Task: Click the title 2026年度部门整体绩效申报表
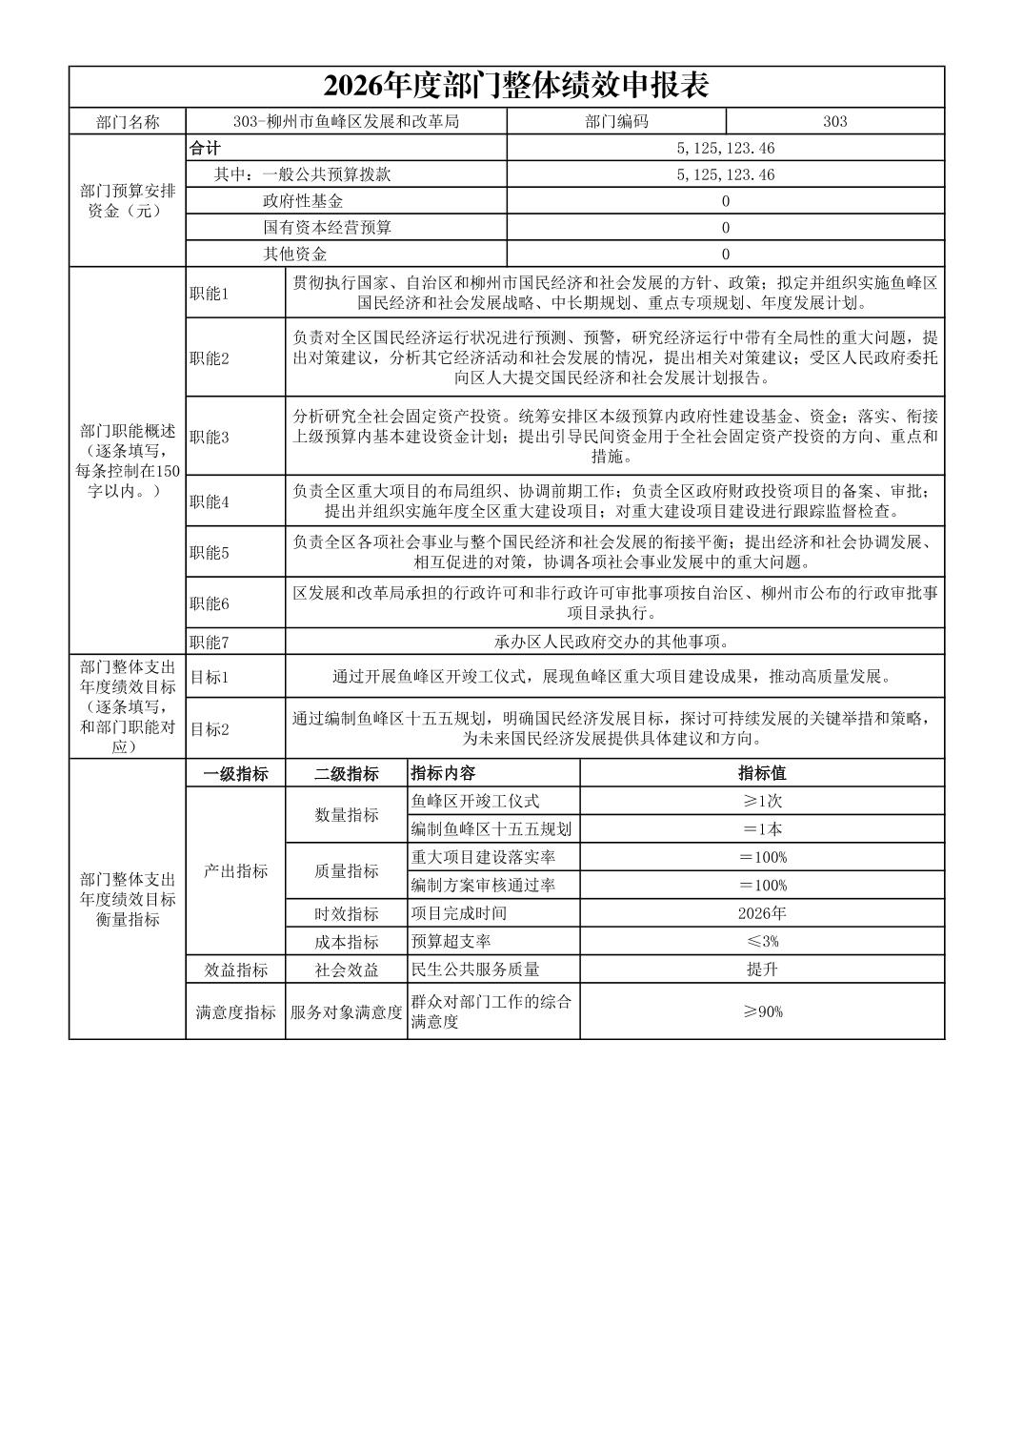click(516, 86)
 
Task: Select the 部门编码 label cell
click(616, 121)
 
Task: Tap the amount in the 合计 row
click(725, 148)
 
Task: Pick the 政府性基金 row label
click(303, 201)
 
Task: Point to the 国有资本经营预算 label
click(327, 228)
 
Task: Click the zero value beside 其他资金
click(725, 255)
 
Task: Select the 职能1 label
click(209, 294)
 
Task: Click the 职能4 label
click(209, 501)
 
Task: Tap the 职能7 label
click(209, 642)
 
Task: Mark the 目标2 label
click(209, 729)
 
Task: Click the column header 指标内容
click(443, 773)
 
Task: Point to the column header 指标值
click(762, 773)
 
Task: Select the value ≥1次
click(762, 801)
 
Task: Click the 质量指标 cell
click(346, 870)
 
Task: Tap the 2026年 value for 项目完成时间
click(762, 913)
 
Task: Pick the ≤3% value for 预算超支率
click(762, 942)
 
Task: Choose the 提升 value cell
click(762, 969)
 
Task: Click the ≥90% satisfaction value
click(762, 1011)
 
